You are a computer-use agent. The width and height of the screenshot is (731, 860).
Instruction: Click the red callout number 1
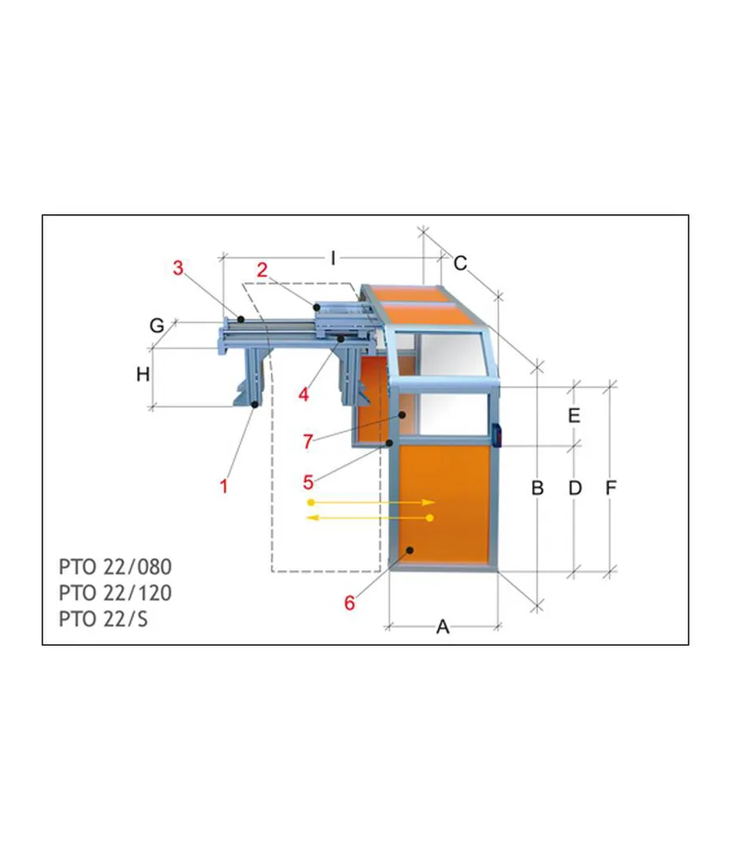point(224,486)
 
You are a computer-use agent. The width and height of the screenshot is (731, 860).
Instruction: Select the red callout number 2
point(262,270)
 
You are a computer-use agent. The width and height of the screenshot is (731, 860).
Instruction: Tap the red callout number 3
point(178,268)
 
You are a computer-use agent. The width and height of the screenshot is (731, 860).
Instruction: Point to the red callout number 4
point(304,394)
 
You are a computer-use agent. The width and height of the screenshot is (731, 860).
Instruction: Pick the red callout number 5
point(308,482)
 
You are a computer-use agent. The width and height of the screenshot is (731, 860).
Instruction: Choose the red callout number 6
point(350,603)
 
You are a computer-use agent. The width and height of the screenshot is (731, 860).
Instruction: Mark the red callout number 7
point(308,441)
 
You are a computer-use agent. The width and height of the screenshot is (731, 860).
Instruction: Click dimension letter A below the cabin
point(443,627)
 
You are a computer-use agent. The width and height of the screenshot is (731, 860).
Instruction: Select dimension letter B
point(537,488)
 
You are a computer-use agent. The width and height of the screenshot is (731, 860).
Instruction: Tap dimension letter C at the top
point(460,263)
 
